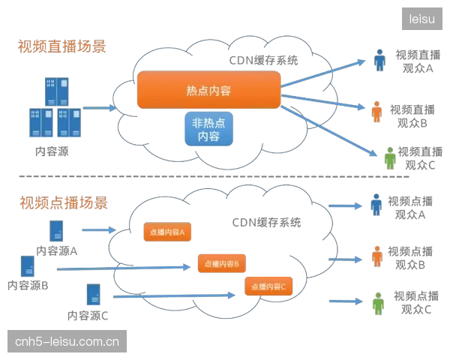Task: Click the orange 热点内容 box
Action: (x=208, y=90)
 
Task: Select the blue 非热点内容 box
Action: (x=208, y=129)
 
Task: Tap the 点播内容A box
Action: (x=167, y=232)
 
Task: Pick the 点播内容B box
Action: (x=222, y=263)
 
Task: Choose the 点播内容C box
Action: (x=268, y=286)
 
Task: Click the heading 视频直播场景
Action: (x=62, y=46)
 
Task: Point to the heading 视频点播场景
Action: (x=64, y=202)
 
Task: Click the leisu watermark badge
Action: (x=421, y=19)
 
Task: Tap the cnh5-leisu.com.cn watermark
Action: (x=67, y=341)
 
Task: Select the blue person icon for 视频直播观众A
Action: (x=379, y=60)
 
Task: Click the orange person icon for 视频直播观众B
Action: (x=376, y=112)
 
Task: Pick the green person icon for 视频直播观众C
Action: (x=390, y=158)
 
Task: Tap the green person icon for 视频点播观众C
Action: (x=378, y=304)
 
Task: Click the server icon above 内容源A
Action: (x=56, y=231)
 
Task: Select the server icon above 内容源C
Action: (x=94, y=294)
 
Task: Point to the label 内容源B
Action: (x=28, y=285)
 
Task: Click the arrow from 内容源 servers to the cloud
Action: (x=100, y=108)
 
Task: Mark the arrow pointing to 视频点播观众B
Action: (x=346, y=259)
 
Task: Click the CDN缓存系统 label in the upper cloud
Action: (x=263, y=60)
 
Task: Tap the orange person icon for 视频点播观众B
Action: (x=377, y=256)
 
